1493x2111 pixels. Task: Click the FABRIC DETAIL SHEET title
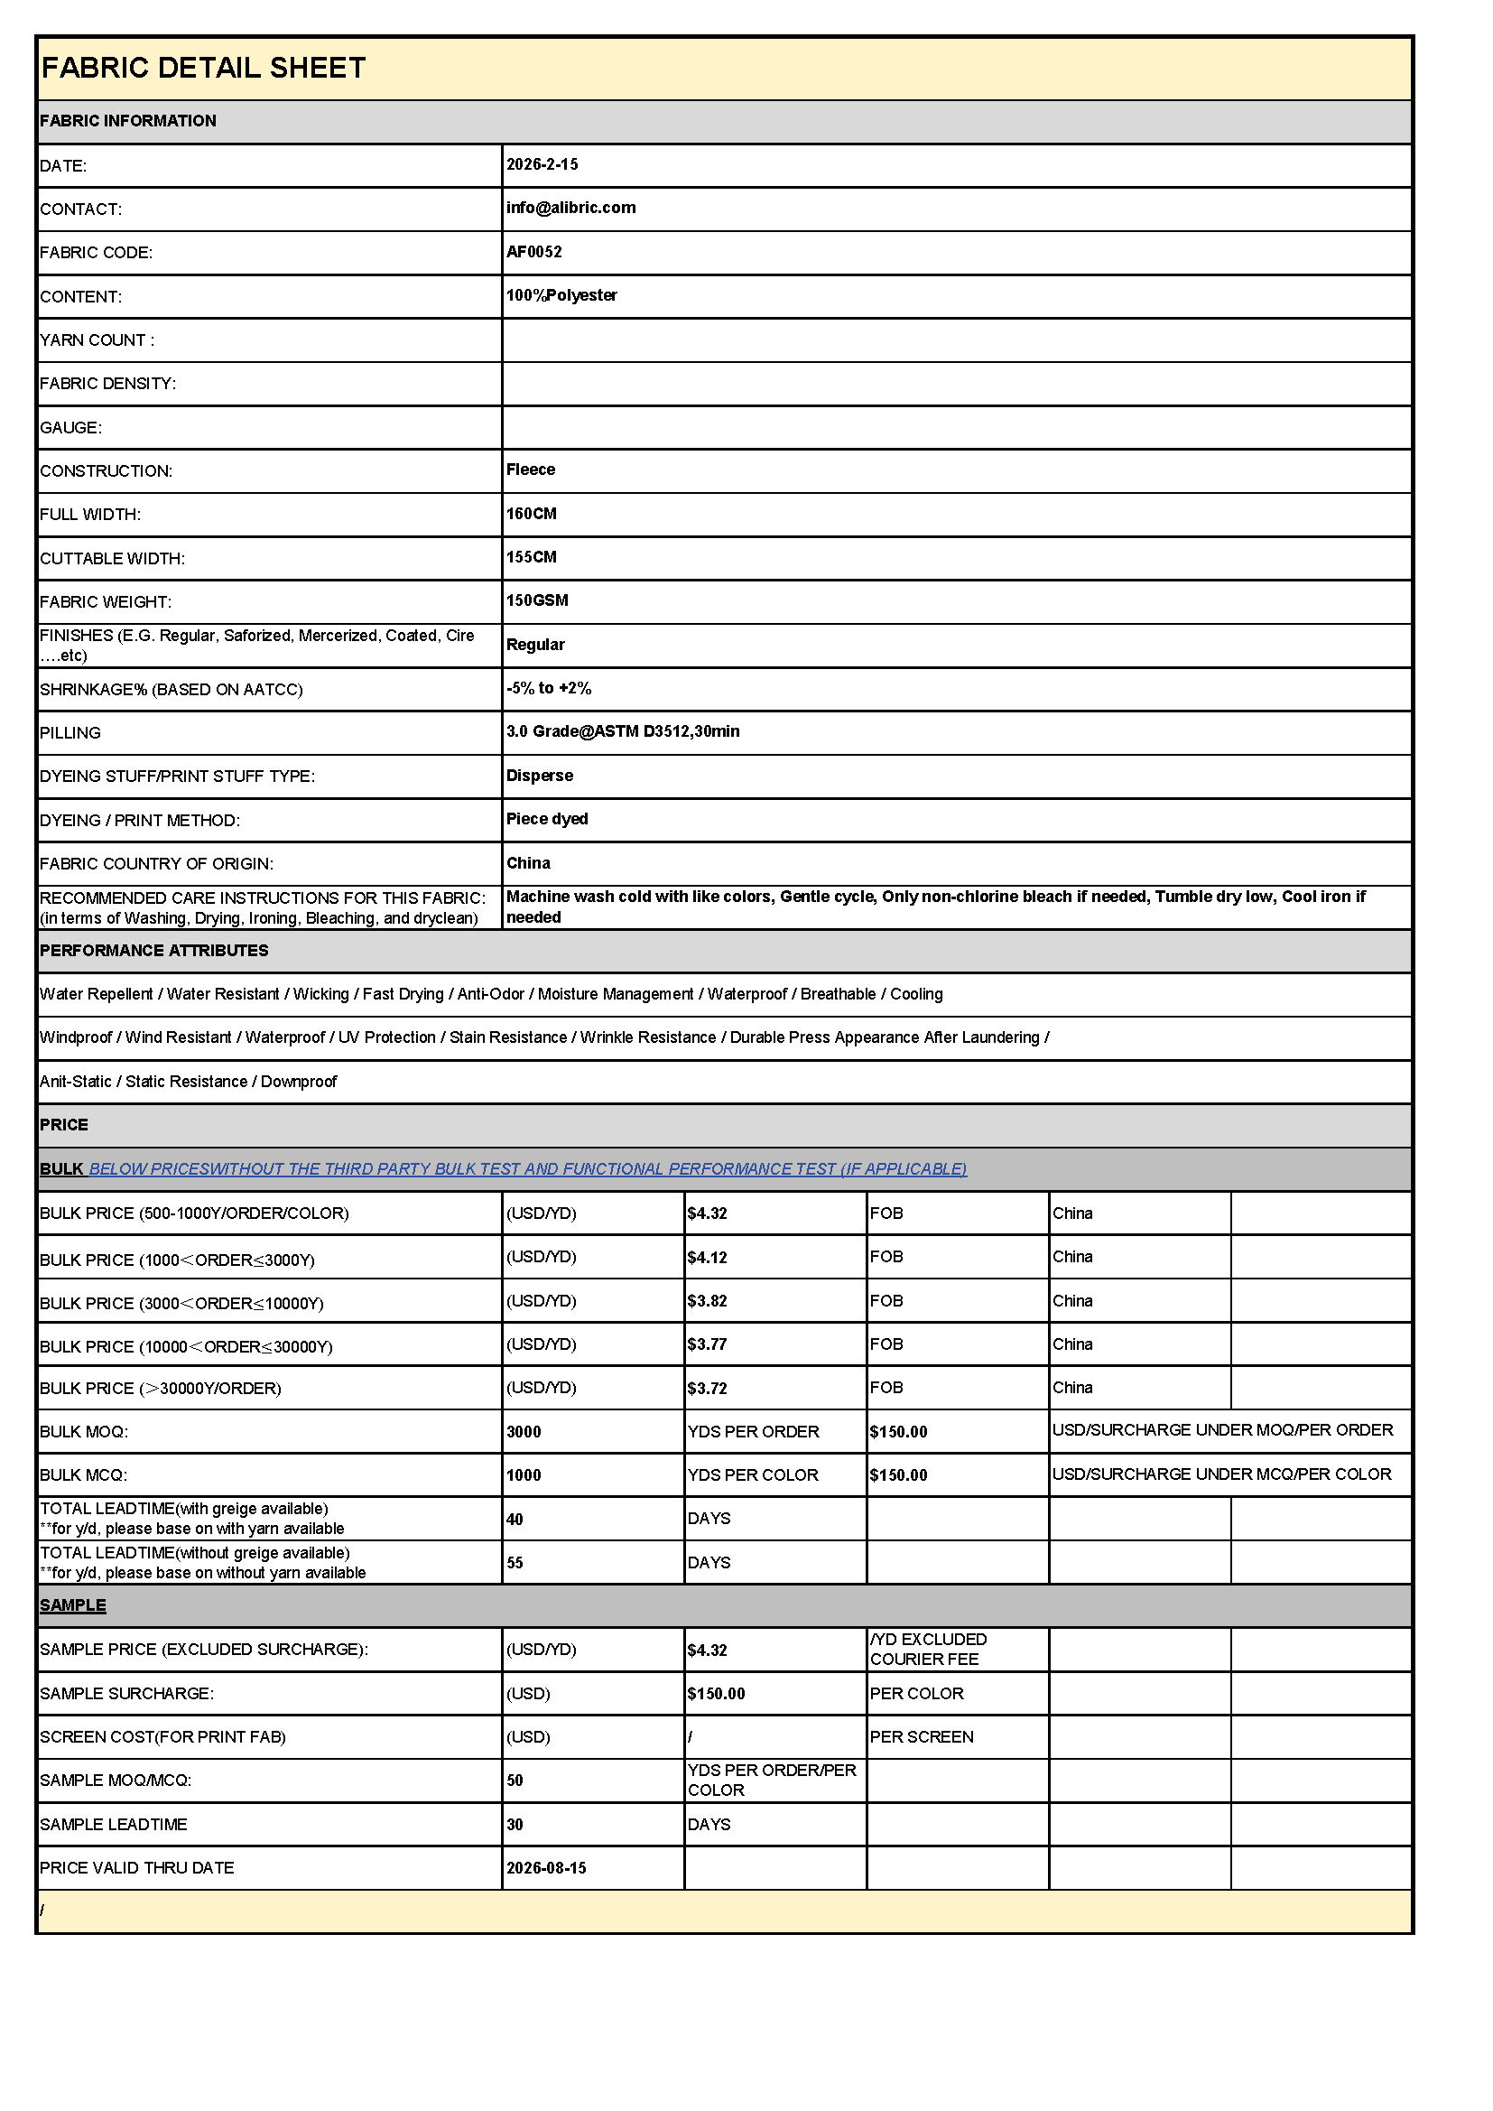[x=203, y=68]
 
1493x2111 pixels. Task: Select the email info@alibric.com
[x=570, y=208]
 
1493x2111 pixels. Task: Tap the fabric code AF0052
[x=534, y=252]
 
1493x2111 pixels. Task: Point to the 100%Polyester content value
[x=561, y=295]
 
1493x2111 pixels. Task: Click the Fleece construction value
[x=531, y=470]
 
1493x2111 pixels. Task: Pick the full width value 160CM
[x=532, y=514]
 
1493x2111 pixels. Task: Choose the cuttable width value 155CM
[x=532, y=557]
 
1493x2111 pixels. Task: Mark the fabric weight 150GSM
[x=537, y=600]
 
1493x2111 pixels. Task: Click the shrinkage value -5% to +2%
[x=549, y=688]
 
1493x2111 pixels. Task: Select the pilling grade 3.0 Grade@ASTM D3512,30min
[x=623, y=732]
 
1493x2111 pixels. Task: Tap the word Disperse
[x=540, y=776]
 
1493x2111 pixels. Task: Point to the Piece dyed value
[x=547, y=819]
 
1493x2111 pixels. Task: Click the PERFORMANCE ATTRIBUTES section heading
[x=153, y=951]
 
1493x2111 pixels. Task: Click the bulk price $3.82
[x=707, y=1301]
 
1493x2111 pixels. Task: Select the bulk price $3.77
[x=707, y=1344]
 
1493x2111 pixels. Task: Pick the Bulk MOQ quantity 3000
[x=524, y=1432]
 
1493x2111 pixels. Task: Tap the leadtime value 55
[x=515, y=1563]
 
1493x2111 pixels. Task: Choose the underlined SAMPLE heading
[x=72, y=1605]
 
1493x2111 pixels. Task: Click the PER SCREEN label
[x=922, y=1737]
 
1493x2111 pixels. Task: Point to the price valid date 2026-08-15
[x=546, y=1868]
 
